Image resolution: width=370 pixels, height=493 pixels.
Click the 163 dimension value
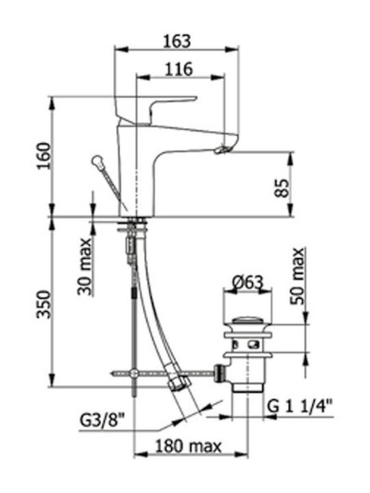tap(177, 42)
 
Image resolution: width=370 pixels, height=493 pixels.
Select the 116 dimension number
tap(179, 69)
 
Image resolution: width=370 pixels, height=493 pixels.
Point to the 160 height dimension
tap(44, 156)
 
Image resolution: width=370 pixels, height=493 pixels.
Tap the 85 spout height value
tap(282, 188)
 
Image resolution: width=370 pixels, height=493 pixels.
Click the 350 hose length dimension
tap(44, 305)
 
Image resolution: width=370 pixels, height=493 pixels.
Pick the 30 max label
tap(85, 267)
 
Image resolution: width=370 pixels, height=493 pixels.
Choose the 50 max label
tap(297, 277)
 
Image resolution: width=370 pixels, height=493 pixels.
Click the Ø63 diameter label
tap(247, 281)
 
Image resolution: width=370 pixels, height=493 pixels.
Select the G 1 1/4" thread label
tap(300, 407)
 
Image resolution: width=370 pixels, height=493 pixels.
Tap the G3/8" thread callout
tap(102, 420)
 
